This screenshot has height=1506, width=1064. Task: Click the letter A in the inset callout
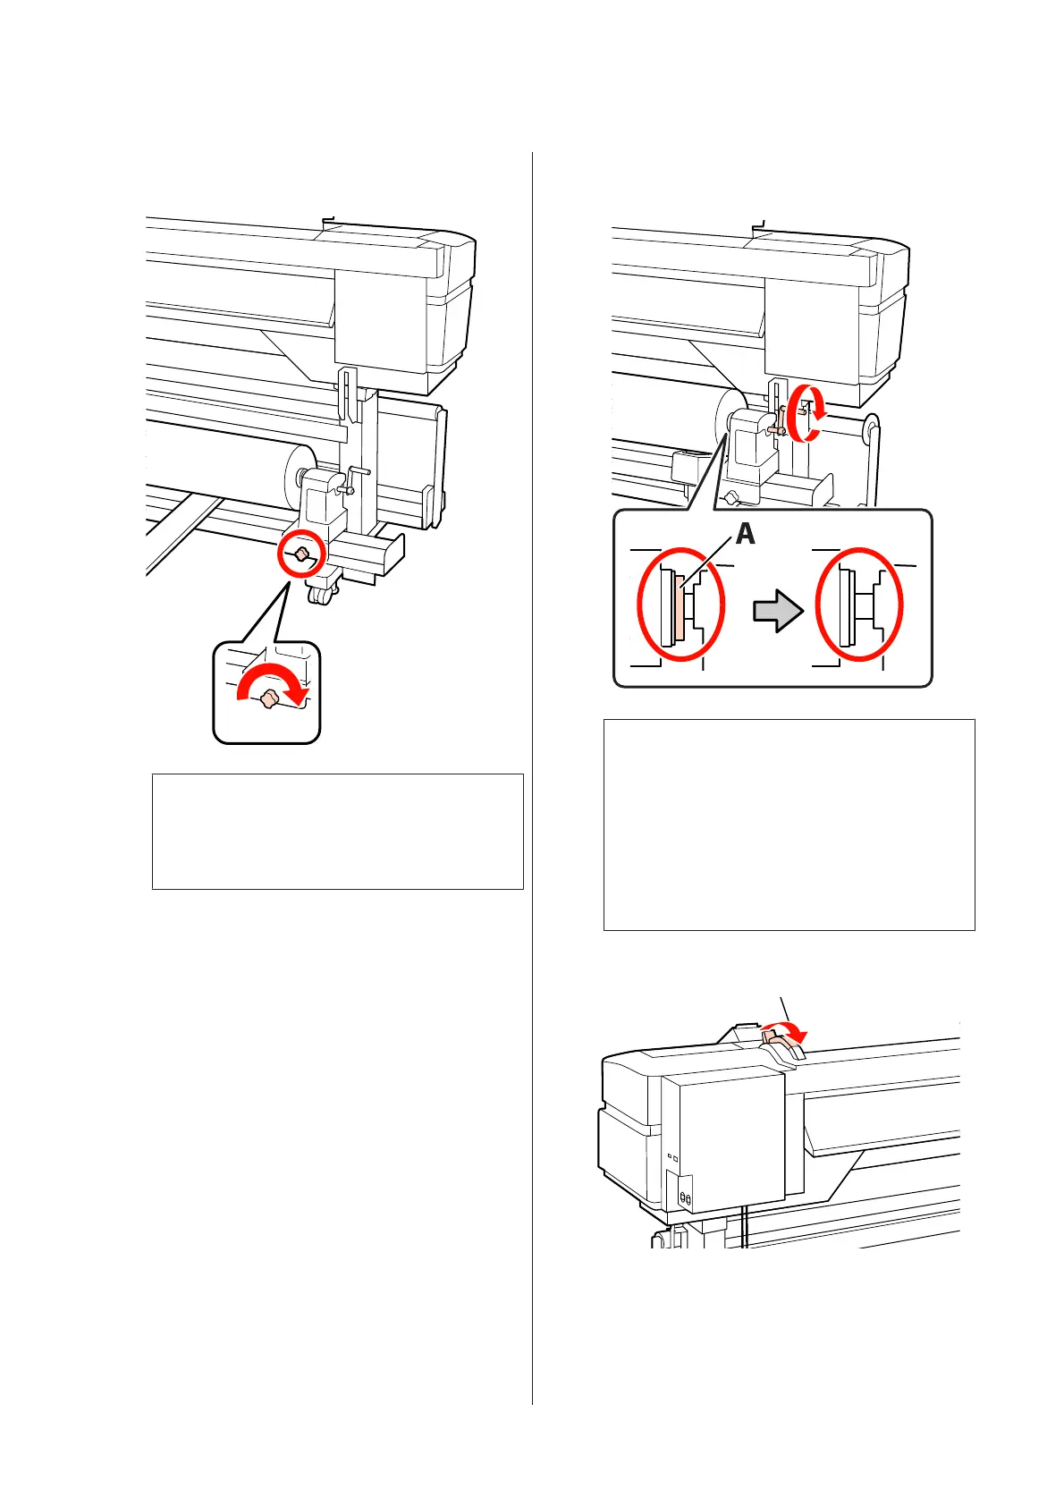click(x=745, y=534)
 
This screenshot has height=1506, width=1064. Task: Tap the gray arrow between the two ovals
click(x=778, y=612)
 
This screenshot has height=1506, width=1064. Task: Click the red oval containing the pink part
click(x=680, y=605)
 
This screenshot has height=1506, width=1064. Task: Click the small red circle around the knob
click(x=301, y=555)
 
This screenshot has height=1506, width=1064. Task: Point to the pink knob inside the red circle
click(x=302, y=555)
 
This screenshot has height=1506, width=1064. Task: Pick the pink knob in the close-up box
click(x=267, y=702)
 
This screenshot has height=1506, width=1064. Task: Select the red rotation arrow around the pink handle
click(x=808, y=412)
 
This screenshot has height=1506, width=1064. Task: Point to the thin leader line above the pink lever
click(x=783, y=1008)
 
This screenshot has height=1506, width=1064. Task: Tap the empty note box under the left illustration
click(x=337, y=832)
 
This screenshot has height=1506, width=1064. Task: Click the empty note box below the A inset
click(x=789, y=825)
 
